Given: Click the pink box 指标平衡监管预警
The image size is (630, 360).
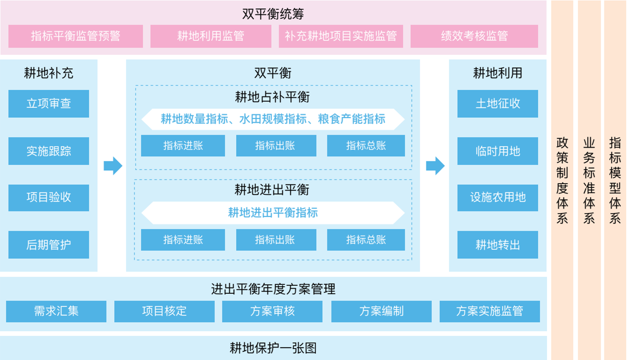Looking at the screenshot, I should [x=75, y=36].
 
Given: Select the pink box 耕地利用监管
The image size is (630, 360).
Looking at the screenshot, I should [x=210, y=36].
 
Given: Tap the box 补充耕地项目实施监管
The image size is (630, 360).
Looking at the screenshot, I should [x=341, y=36].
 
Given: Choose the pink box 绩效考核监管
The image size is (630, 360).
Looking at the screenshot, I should [x=474, y=36].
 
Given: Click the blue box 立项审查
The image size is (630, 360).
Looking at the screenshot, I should [x=48, y=104].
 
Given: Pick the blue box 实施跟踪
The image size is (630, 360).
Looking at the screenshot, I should [x=48, y=151].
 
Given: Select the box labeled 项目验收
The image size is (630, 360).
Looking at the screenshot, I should [x=48, y=198].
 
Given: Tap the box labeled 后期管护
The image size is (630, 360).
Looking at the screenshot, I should [x=48, y=245].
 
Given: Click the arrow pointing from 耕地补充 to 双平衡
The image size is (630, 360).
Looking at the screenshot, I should [x=113, y=166].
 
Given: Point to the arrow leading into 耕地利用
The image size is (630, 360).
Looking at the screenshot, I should [x=435, y=166].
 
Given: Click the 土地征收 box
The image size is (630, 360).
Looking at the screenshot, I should [x=498, y=104].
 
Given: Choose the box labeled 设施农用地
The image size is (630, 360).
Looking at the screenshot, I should [x=498, y=198].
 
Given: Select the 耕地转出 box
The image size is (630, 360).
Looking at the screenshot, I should [x=498, y=245].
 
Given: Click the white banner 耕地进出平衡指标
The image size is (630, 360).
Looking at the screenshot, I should [x=273, y=213].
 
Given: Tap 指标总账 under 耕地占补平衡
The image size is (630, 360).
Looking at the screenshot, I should [x=366, y=146].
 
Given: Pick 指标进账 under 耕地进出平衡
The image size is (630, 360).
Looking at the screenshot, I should [x=183, y=240].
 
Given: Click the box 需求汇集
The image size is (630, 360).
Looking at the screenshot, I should [x=56, y=311].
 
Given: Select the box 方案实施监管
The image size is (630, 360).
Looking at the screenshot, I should [x=489, y=311].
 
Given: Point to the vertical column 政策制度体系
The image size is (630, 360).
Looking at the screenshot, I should [x=562, y=180].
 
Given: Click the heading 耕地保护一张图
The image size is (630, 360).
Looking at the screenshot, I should [x=273, y=348].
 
